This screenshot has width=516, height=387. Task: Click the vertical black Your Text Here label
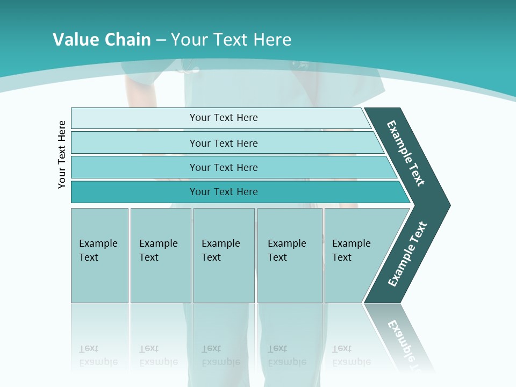pyautogui.click(x=62, y=154)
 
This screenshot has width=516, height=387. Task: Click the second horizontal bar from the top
pyautogui.click(x=224, y=143)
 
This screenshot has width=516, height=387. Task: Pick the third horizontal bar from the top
pyautogui.click(x=224, y=167)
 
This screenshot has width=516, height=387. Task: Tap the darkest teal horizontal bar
pyautogui.click(x=224, y=192)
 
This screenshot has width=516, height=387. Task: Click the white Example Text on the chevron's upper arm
pyautogui.click(x=406, y=153)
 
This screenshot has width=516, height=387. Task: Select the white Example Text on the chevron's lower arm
pyautogui.click(x=407, y=254)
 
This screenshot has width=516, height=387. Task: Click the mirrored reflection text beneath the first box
pyautogui.click(x=98, y=355)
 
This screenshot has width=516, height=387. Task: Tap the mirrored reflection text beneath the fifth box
pyautogui.click(x=351, y=355)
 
